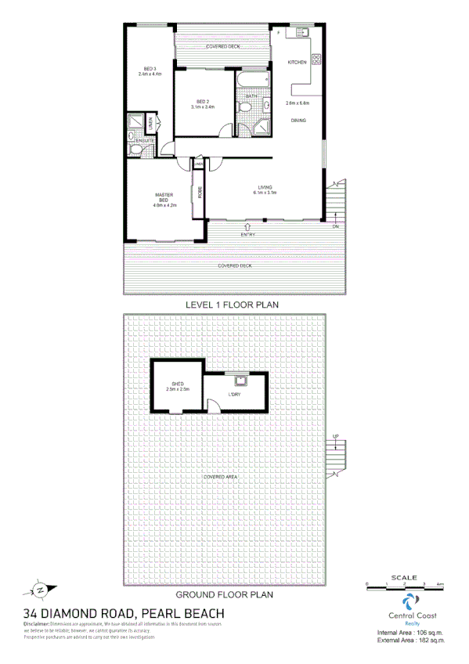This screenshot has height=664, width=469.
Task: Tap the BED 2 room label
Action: [202, 101]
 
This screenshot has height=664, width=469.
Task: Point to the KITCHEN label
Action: [298, 62]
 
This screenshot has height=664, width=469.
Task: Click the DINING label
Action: [298, 120]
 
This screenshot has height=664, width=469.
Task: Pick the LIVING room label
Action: [265, 186]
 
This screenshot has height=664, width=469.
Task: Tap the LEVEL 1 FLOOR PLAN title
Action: [231, 304]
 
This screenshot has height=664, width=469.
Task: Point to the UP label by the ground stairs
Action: [336, 436]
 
